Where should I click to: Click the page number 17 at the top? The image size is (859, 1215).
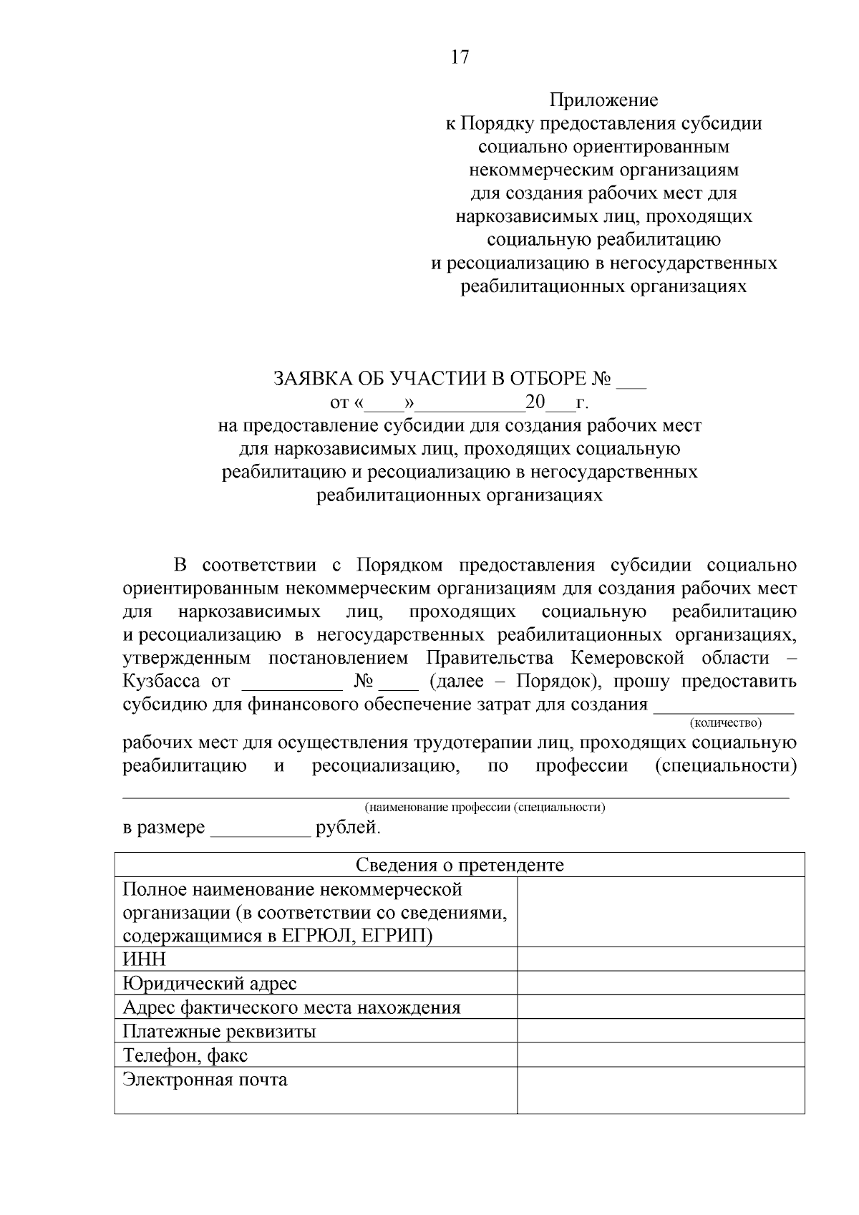pos(460,57)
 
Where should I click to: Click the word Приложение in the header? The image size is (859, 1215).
pos(603,100)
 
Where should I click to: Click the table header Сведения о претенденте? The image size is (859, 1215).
pos(460,865)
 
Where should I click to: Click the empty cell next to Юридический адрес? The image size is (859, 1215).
pos(660,983)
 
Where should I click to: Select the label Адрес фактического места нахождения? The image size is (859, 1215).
pos(291,1007)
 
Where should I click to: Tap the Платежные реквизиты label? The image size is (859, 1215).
pos(219,1031)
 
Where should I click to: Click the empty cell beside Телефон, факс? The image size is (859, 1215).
pos(660,1055)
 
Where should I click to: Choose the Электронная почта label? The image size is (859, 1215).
pos(205,1079)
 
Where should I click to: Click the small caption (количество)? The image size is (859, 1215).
pos(725,723)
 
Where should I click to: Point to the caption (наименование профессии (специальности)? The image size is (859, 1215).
pos(485,808)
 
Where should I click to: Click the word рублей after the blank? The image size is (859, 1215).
pos(348,828)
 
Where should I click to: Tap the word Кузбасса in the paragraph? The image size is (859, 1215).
pos(160,681)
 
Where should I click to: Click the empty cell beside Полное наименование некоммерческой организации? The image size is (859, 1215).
pos(660,912)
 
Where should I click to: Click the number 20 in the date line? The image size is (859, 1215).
pos(535,402)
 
